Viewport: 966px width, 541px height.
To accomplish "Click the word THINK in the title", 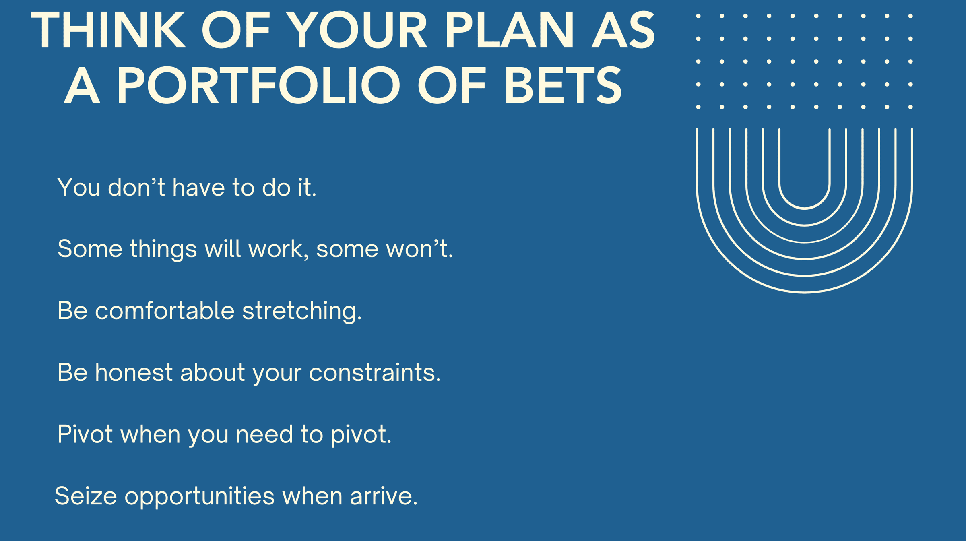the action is click(x=108, y=30).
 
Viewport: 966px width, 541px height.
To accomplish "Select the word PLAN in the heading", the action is click(x=509, y=30).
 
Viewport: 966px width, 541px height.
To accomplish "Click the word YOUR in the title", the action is click(x=359, y=30).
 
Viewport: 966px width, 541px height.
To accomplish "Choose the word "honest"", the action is click(x=134, y=372).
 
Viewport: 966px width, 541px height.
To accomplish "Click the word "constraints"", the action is click(x=375, y=373).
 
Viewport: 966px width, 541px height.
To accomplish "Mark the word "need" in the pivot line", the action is click(x=264, y=434).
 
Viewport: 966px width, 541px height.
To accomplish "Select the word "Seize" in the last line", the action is click(x=86, y=496).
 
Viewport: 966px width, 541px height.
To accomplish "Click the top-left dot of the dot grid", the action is click(x=698, y=16).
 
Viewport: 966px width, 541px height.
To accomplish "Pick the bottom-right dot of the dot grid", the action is click(x=910, y=107).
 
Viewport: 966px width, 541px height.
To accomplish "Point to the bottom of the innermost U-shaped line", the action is click(x=805, y=209).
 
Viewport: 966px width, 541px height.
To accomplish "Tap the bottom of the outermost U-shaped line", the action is click(x=805, y=292).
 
